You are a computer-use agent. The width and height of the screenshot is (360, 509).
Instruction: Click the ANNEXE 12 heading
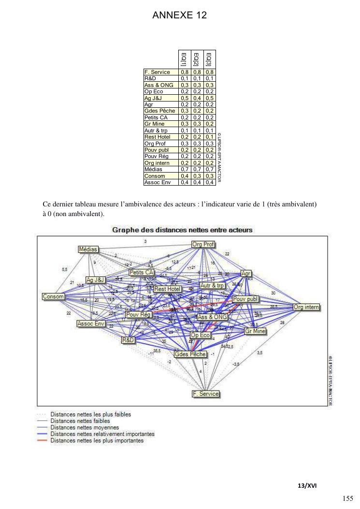click(180, 15)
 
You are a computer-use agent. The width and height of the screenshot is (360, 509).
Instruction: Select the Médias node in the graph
click(88, 249)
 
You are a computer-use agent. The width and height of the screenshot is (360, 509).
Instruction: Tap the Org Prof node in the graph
click(203, 244)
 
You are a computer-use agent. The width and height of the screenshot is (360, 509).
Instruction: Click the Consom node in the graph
click(53, 296)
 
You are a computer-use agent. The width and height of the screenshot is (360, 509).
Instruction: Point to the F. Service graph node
click(206, 393)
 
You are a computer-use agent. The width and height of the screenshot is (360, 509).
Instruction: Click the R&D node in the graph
click(128, 340)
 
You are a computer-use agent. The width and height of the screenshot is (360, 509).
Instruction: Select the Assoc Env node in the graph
click(91, 323)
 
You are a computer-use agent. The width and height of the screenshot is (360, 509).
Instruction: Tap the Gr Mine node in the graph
click(255, 331)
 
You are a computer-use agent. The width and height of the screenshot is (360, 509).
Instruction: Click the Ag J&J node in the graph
click(96, 280)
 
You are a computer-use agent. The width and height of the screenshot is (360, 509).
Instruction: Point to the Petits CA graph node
click(141, 273)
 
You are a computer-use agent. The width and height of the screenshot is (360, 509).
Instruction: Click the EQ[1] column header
click(184, 59)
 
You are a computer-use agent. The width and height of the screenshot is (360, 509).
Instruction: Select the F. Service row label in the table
click(157, 72)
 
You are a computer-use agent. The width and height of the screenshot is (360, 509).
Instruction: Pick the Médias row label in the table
click(154, 169)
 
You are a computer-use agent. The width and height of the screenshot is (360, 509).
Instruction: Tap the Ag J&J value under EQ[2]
click(196, 98)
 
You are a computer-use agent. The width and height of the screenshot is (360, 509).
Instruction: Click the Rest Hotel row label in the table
click(158, 137)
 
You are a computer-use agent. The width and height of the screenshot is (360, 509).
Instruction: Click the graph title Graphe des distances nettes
click(182, 230)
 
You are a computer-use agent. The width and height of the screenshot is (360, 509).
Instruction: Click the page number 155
click(347, 499)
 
